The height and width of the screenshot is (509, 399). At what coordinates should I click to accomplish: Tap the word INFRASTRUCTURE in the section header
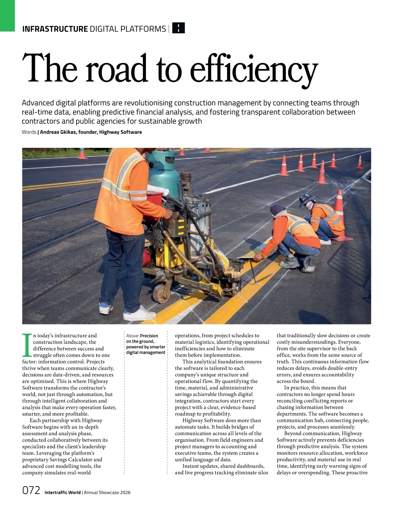coord(55,29)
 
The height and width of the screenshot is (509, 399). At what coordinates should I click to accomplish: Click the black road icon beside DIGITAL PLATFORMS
coord(179,28)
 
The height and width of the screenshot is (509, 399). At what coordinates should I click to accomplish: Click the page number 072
coord(31,491)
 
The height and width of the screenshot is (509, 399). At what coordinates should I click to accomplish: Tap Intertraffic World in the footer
coord(63,492)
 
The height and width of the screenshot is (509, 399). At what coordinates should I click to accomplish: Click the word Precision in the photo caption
coord(149,336)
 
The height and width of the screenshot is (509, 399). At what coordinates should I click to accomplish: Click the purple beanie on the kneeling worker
coord(278,210)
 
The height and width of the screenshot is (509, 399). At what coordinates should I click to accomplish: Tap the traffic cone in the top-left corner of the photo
coord(82,154)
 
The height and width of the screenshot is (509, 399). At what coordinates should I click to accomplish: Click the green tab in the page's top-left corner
coord(7,15)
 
